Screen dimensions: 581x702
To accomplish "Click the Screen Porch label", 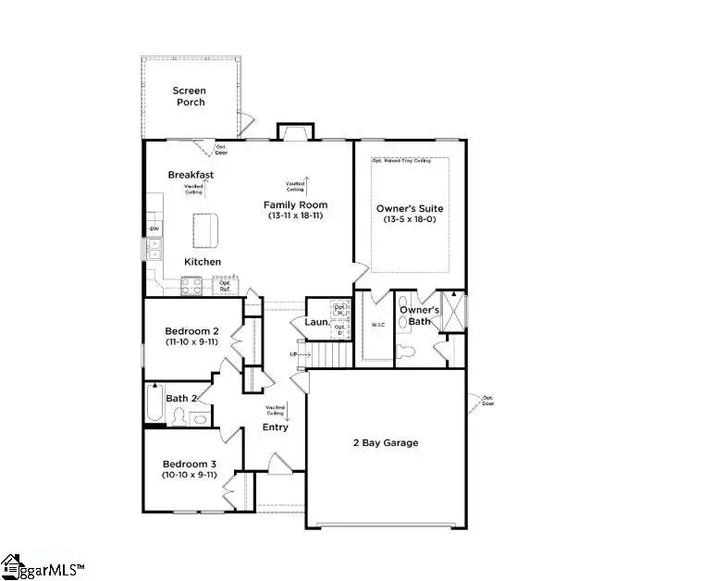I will [191, 95].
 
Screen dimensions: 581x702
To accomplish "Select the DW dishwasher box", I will [154, 229].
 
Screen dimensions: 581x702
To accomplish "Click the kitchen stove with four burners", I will [191, 287].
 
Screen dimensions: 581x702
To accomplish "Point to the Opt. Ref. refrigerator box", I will [225, 286].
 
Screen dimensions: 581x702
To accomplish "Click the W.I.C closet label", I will [377, 325].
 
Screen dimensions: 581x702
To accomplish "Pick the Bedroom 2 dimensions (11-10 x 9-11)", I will [191, 341].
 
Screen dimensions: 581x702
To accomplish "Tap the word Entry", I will [276, 426].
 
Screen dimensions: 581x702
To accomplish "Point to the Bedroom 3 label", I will [191, 463].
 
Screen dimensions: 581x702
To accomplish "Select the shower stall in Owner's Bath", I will [453, 312].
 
